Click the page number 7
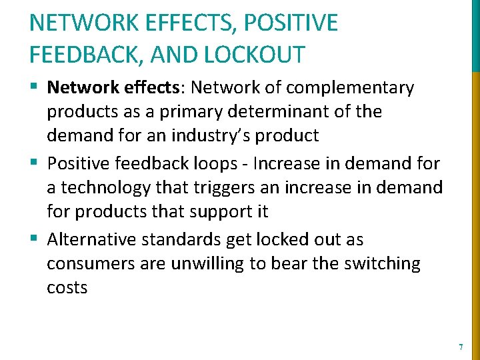click(461, 347)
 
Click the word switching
click(382, 264)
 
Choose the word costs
click(67, 288)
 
